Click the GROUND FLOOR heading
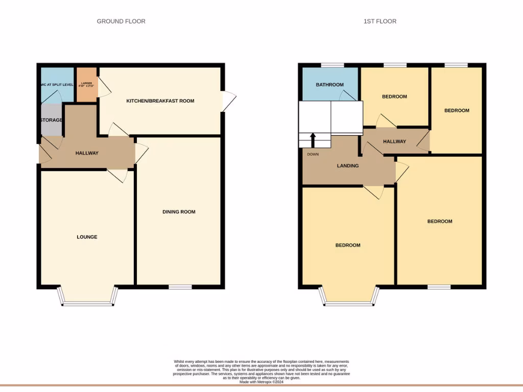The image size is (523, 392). (x=121, y=21)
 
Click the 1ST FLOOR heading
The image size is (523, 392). (x=379, y=21)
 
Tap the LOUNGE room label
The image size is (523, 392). (x=87, y=237)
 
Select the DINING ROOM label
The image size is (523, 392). (x=179, y=212)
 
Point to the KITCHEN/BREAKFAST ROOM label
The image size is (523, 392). (x=160, y=101)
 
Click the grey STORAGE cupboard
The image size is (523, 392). (x=51, y=120)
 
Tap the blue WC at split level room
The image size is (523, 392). (x=56, y=85)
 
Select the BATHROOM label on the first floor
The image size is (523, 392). (x=329, y=85)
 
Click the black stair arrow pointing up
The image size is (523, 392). (x=313, y=139)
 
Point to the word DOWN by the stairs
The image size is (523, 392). (x=313, y=154)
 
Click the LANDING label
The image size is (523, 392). (x=348, y=166)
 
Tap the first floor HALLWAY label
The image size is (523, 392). (x=394, y=141)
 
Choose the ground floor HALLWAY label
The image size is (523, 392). (x=87, y=153)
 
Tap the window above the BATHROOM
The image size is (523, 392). (x=332, y=65)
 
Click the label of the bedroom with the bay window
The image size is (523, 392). (x=348, y=245)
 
